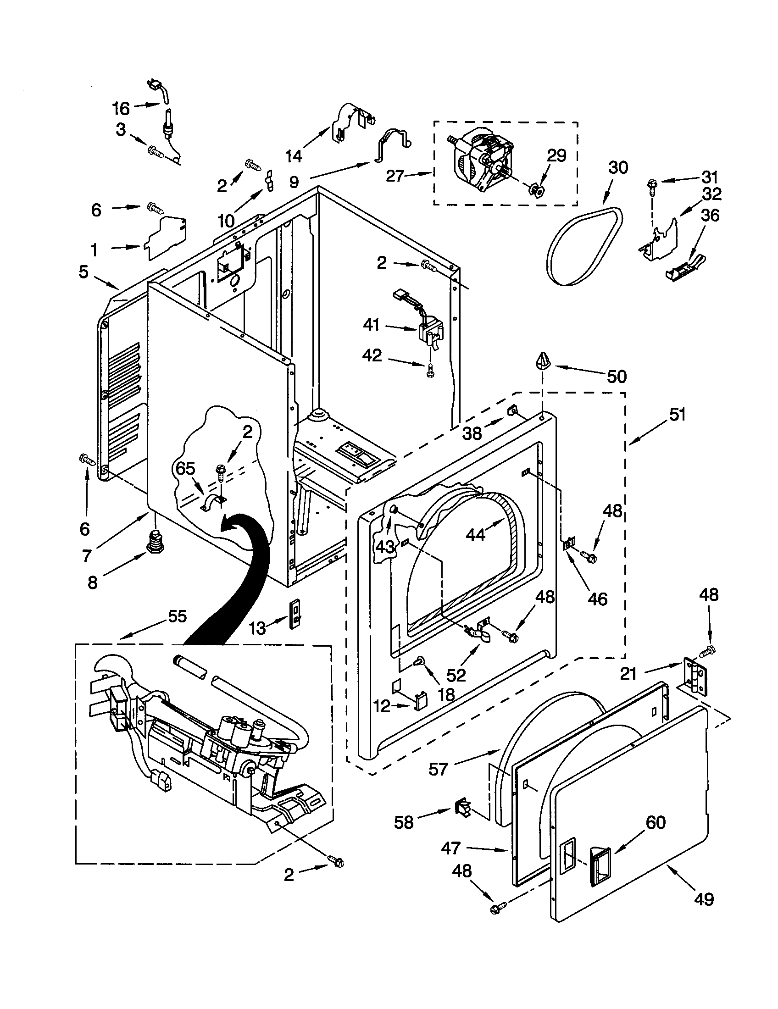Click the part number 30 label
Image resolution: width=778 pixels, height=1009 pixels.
coord(618,167)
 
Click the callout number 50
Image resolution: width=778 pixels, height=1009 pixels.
coord(617,377)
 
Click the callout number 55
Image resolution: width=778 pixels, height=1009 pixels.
coord(177,616)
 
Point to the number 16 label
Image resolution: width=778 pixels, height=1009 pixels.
coord(121,109)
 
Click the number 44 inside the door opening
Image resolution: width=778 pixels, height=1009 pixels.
coord(475,534)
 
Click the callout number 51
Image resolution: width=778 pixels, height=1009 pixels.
coord(677,415)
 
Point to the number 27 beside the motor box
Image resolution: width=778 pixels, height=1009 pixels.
coord(395,176)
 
